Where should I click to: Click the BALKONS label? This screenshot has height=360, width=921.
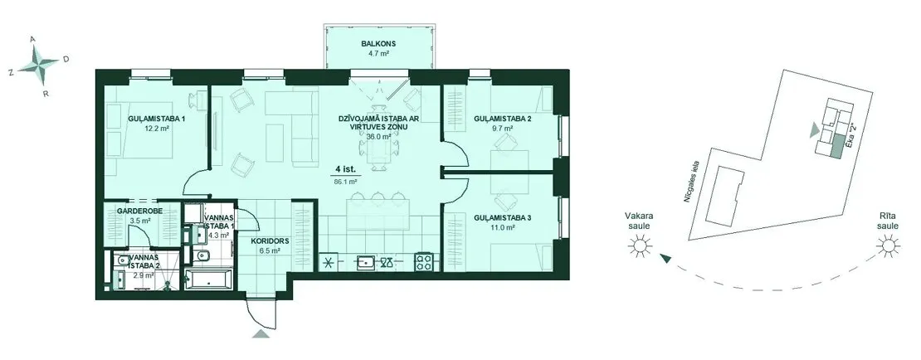click(x=378, y=43)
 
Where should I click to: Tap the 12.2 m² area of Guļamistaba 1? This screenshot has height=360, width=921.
click(x=156, y=128)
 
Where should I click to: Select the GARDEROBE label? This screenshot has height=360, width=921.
click(x=139, y=210)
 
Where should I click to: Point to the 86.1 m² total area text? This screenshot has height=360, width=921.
click(x=347, y=182)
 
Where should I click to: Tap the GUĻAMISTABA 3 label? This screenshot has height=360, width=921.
click(x=502, y=218)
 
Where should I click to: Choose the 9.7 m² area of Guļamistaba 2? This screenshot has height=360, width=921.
click(x=503, y=128)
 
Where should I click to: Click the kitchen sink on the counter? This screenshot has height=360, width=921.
click(x=365, y=262)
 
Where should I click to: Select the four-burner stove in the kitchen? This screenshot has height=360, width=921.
click(x=423, y=261)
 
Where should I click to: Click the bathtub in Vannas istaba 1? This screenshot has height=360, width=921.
click(x=209, y=280)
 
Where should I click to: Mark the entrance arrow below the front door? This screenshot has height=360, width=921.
click(x=261, y=333)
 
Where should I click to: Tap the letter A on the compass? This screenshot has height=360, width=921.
click(x=33, y=39)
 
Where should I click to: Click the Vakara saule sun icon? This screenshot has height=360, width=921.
click(x=640, y=246)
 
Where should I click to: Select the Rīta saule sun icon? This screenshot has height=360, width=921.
click(x=888, y=246)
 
